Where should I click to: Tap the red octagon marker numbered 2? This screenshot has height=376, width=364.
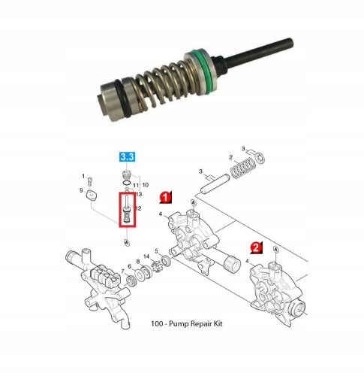pos(255,246)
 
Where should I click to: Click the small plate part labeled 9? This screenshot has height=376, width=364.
pos(90,193)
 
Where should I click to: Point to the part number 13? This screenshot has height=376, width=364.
pos(139,194)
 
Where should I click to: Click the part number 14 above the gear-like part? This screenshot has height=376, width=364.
pos(148,257)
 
